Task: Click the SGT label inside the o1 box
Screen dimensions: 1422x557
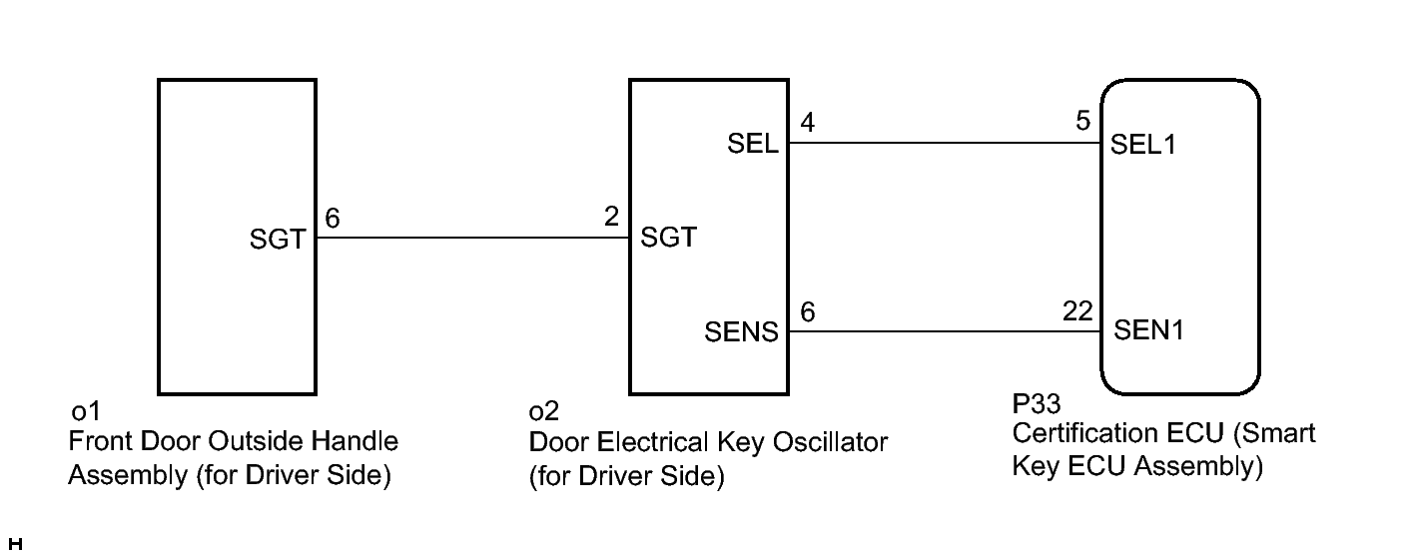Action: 278,240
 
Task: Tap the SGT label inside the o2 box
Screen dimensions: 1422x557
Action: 668,238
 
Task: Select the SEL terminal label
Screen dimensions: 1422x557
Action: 752,144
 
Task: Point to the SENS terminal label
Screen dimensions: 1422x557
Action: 741,331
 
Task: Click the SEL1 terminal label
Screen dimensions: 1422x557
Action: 1142,145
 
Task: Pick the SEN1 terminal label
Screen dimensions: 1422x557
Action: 1148,329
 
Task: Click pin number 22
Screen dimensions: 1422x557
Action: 1077,310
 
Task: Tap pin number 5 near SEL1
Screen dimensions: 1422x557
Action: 1083,121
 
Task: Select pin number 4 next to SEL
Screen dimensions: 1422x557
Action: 808,122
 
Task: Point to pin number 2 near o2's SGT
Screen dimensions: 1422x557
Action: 611,217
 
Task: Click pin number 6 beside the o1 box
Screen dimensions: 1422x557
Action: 333,219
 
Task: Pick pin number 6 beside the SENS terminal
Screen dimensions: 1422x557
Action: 808,311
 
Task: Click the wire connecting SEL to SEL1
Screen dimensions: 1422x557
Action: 945,143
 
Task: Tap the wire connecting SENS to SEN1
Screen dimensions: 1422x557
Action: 945,331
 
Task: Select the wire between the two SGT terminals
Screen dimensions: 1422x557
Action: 473,238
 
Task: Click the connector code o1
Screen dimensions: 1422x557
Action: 86,411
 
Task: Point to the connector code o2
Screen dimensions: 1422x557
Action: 543,411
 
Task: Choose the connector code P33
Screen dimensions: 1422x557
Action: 1036,403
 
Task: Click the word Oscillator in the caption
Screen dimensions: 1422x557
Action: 830,442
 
